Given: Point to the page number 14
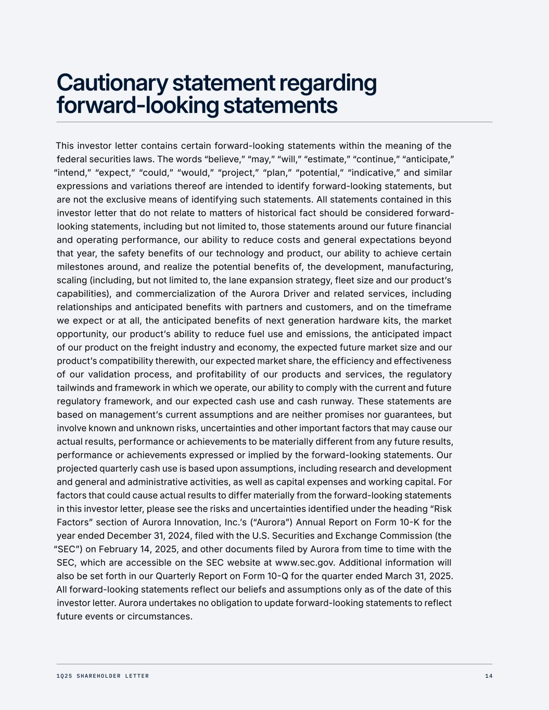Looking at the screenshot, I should coord(488,676).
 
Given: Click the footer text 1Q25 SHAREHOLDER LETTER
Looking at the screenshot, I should coord(103,676).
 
